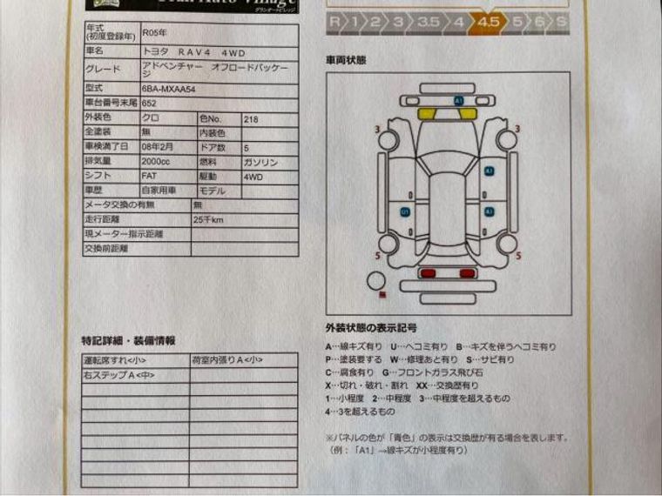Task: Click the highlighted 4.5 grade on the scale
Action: [x=489, y=22]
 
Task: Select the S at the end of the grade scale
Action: [x=562, y=22]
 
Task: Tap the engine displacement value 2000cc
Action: [x=158, y=161]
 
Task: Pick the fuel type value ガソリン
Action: [x=260, y=161]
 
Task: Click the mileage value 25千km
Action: [x=209, y=219]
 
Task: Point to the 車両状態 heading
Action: [x=346, y=60]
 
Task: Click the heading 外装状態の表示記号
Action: [x=371, y=328]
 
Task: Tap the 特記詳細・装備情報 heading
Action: [x=128, y=340]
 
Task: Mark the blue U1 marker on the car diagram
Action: [x=405, y=211]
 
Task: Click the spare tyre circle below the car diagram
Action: [x=376, y=281]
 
